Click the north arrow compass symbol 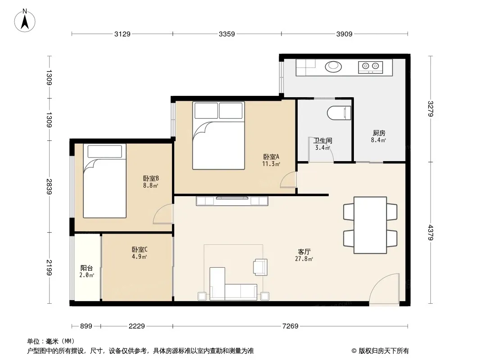pyautogui.click(x=25, y=21)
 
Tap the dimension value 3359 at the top pyautogui.click(x=226, y=34)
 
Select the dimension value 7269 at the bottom pyautogui.click(x=290, y=326)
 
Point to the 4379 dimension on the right pyautogui.click(x=430, y=233)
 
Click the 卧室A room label pyautogui.click(x=271, y=157)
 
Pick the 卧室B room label pyautogui.click(x=151, y=178)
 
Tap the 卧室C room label pyautogui.click(x=140, y=250)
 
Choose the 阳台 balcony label pyautogui.click(x=86, y=268)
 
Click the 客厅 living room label pyautogui.click(x=304, y=252)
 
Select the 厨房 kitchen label pyautogui.click(x=379, y=133)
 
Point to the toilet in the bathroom pyautogui.click(x=339, y=113)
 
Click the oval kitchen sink pyautogui.click(x=333, y=66)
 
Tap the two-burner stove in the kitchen pyautogui.click(x=371, y=67)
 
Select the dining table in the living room pyautogui.click(x=370, y=225)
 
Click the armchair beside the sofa pyautogui.click(x=260, y=267)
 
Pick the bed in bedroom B pyautogui.click(x=105, y=181)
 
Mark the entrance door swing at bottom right pyautogui.click(x=384, y=289)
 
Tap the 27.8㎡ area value pyautogui.click(x=304, y=259)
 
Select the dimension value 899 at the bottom pyautogui.click(x=86, y=326)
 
